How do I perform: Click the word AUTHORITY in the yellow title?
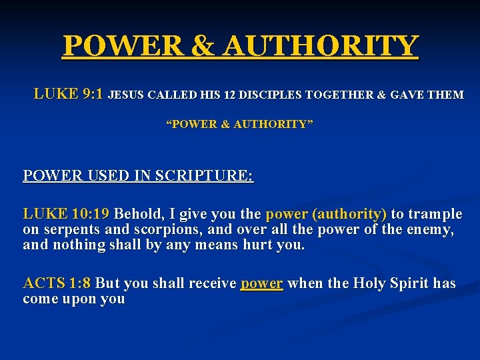(321, 46)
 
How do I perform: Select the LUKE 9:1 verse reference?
(68, 94)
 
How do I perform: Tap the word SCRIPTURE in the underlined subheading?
(205, 176)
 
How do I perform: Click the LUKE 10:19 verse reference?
(66, 214)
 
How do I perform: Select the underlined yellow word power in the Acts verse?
(262, 283)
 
